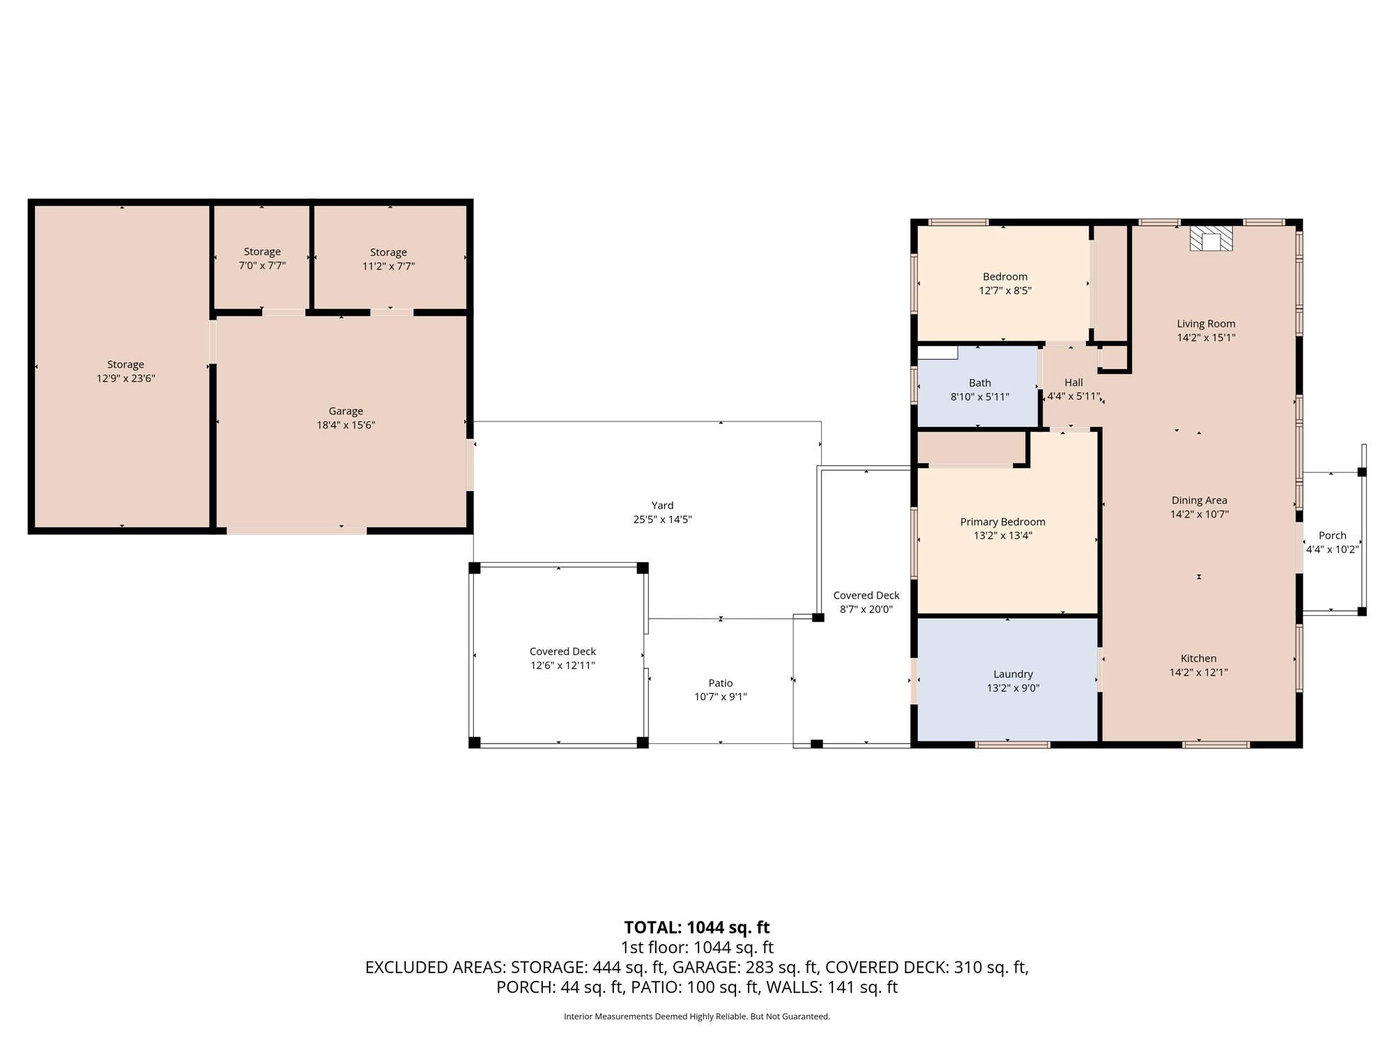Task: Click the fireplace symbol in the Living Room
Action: (1211, 238)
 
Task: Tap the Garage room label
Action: (346, 411)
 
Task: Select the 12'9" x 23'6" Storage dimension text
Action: (125, 378)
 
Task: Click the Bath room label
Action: (980, 382)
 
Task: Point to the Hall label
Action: (1073, 382)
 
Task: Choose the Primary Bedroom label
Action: (1002, 522)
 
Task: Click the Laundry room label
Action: (1013, 674)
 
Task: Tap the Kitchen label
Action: (1198, 658)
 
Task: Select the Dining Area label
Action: (1199, 500)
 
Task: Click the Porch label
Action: (1332, 536)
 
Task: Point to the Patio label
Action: (720, 683)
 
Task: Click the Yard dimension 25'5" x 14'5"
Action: (662, 519)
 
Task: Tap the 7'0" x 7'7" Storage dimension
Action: (262, 265)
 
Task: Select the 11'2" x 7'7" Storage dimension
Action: (388, 266)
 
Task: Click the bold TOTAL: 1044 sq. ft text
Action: (697, 927)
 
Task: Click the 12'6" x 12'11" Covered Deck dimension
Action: (562, 665)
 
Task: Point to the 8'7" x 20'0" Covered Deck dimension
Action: (866, 609)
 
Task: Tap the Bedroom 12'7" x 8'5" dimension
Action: (1005, 291)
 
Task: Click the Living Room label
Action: (1206, 323)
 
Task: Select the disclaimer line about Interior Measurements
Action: (697, 1016)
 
